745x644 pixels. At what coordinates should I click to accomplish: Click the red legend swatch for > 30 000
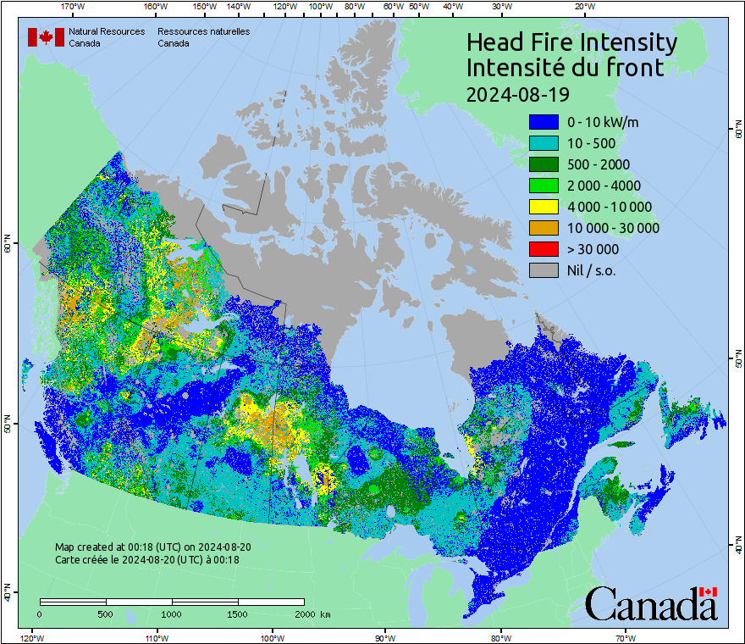pos(544,249)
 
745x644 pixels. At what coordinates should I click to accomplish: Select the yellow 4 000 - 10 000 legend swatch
pos(544,207)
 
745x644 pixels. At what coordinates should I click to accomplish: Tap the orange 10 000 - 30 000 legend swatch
pos(544,228)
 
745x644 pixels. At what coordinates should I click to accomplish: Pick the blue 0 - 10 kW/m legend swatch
pos(544,122)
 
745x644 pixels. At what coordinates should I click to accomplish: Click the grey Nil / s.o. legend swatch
pos(544,270)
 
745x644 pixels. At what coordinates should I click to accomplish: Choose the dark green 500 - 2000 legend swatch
pos(544,164)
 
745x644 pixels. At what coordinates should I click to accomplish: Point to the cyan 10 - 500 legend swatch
pos(544,143)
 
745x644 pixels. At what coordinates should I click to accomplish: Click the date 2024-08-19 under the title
pos(517,92)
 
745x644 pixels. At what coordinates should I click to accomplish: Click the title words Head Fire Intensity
pos(571,42)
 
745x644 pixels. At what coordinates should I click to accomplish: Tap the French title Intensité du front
pos(566,68)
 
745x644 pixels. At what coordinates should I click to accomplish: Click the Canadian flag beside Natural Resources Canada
pos(46,37)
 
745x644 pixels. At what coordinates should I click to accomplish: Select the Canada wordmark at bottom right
pos(651,603)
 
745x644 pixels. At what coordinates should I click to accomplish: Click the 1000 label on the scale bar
pos(172,613)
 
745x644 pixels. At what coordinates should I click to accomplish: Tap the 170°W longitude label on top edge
pos(74,7)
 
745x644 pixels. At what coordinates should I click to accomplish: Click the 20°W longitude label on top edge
pos(583,7)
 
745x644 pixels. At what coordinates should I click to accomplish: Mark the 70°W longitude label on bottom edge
pos(626,637)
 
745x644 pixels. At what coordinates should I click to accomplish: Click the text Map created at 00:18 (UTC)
pos(152,547)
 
